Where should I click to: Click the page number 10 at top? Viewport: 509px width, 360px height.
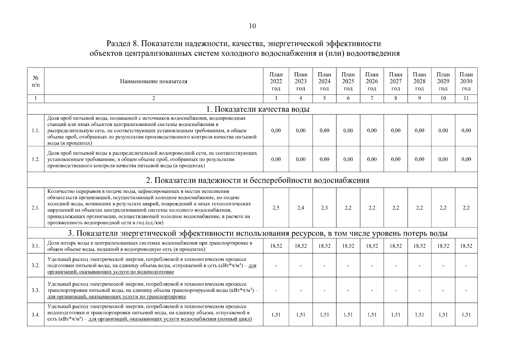[252, 26]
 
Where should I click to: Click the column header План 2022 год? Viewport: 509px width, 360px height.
[276, 81]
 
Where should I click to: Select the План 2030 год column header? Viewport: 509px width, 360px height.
[466, 81]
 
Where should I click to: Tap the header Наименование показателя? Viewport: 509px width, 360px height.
[154, 81]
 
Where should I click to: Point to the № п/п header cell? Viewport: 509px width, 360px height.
[35, 81]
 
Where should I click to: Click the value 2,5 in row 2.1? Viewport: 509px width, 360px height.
[276, 208]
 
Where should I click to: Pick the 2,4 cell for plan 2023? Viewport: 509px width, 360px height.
[301, 208]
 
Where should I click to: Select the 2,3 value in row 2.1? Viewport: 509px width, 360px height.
[324, 208]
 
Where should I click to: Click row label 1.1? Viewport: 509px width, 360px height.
[35, 130]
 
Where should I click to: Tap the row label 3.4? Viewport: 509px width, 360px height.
[35, 315]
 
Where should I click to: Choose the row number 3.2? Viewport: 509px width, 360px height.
[35, 265]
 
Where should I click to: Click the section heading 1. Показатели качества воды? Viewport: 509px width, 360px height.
[252, 109]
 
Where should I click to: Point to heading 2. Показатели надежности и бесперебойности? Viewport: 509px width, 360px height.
[257, 180]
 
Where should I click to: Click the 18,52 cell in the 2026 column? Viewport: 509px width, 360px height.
[372, 246]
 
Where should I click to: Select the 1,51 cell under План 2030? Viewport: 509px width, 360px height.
[466, 315]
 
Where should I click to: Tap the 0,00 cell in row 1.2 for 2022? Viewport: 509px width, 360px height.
[276, 159]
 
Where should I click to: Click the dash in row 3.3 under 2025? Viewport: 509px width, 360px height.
[348, 290]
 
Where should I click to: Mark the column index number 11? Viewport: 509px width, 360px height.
[466, 98]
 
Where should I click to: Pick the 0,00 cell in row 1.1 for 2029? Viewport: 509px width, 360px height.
[443, 130]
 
